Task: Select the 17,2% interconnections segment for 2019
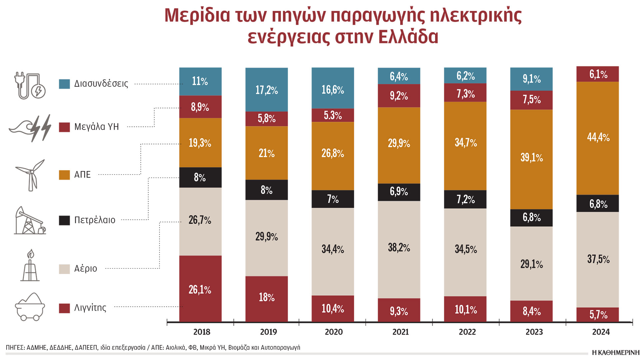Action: (x=267, y=90)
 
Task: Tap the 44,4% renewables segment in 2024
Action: (x=598, y=138)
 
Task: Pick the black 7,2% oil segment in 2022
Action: (x=465, y=199)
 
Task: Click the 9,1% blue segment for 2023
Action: (x=531, y=79)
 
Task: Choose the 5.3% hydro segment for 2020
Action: (x=333, y=115)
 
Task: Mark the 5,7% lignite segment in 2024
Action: (x=598, y=314)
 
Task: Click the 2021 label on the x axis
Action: (x=400, y=332)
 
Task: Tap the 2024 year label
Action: (x=601, y=332)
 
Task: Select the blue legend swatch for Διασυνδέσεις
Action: (x=64, y=84)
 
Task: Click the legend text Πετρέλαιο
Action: (x=95, y=220)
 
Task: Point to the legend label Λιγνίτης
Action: (x=90, y=308)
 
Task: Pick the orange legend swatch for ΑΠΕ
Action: (x=64, y=175)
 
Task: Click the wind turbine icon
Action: (x=31, y=175)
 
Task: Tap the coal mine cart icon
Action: (x=30, y=307)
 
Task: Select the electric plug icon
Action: (x=30, y=86)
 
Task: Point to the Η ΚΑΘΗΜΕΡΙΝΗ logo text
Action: (x=616, y=353)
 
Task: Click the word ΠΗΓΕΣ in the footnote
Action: (x=15, y=348)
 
